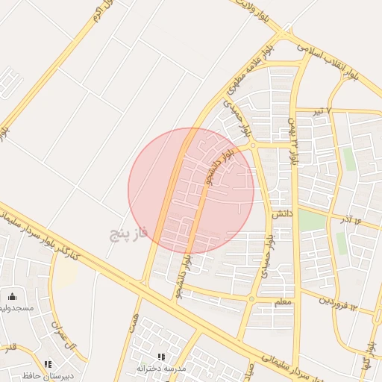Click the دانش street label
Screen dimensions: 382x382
click(x=281, y=213)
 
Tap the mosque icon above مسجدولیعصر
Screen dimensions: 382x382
click(x=12, y=296)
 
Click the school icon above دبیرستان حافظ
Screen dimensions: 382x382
click(x=48, y=364)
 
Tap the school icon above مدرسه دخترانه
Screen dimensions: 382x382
click(x=162, y=357)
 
